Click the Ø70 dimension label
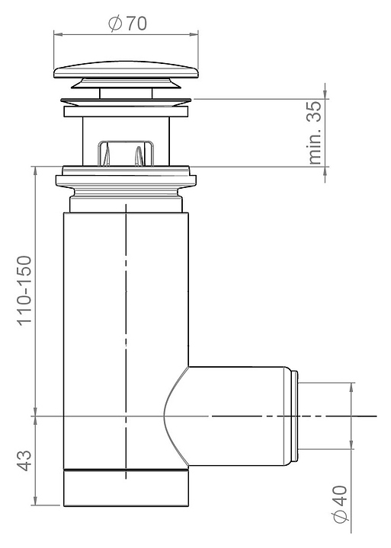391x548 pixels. coord(127,24)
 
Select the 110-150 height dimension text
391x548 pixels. coord(25,291)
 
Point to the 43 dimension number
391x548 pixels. coord(24,460)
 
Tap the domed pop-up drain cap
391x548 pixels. coord(126,70)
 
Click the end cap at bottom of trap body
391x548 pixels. coord(126,488)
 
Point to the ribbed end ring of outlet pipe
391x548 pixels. coord(295,416)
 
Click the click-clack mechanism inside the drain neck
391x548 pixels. coord(126,153)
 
